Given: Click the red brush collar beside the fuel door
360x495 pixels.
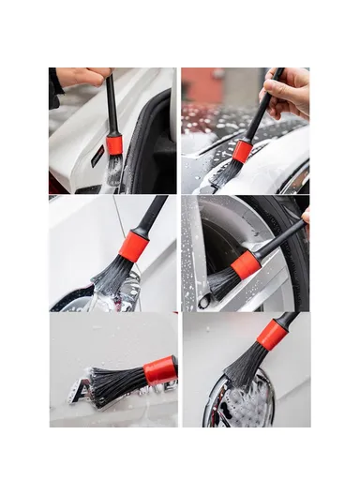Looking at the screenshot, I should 114,144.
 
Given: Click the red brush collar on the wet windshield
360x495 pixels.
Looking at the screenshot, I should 243,151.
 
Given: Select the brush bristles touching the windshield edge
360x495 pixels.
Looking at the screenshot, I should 226,172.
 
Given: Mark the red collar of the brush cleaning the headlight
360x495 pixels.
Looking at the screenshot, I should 133,247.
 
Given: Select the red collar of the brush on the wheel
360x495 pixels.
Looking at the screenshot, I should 246,264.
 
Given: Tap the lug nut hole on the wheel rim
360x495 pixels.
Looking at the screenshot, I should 203,301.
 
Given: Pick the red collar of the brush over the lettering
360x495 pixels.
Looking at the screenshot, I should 159,369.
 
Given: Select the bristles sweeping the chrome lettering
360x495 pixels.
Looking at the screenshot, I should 117,384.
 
